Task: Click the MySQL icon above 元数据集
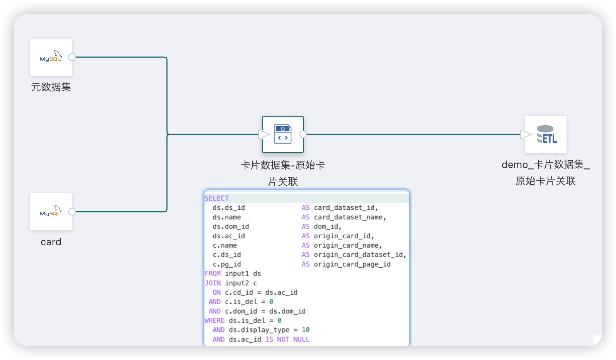51,57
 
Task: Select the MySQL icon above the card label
51,212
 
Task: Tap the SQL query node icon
283,134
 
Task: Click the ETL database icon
546,134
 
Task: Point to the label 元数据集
51,87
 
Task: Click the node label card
51,242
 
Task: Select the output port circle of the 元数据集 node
72,57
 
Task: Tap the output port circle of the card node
72,212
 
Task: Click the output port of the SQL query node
303,134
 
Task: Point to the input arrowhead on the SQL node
264,134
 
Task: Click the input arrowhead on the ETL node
526,134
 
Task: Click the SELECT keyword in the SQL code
217,198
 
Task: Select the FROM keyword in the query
213,273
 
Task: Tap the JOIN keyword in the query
213,283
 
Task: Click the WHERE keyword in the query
214,321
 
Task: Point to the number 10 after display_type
306,330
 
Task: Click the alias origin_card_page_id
352,264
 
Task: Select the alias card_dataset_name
350,217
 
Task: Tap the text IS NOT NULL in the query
288,340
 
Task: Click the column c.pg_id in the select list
227,264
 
